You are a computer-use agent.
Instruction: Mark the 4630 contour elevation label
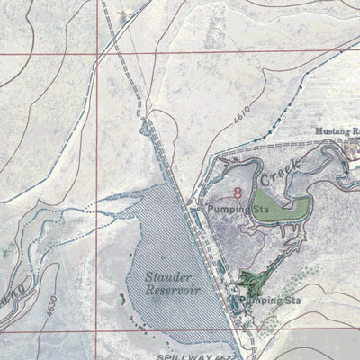click(x=51, y=302)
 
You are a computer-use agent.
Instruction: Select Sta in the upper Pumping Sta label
click(x=261, y=210)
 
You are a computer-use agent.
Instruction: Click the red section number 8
click(x=237, y=191)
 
